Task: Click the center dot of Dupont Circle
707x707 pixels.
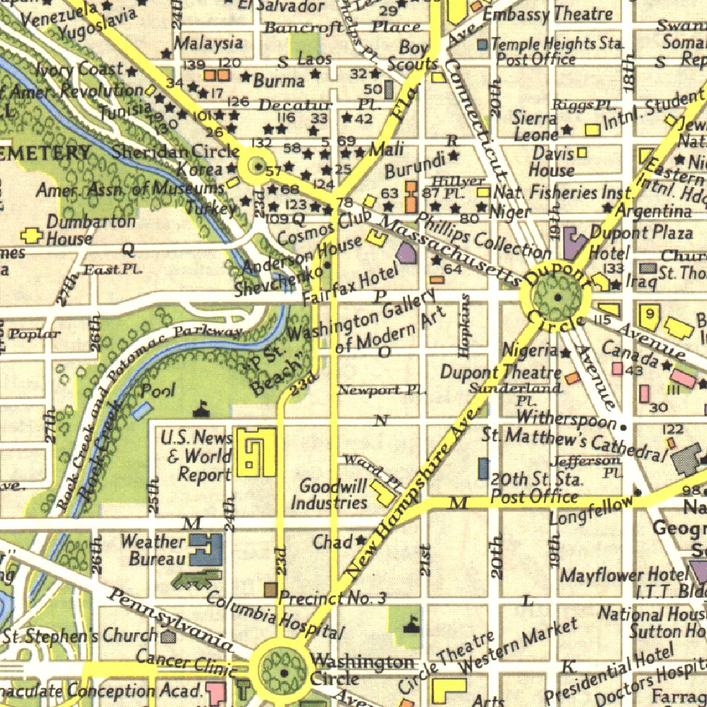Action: pyautogui.click(x=557, y=298)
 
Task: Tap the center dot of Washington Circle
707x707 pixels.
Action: pyautogui.click(x=284, y=671)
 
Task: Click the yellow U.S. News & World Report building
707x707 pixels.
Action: pyautogui.click(x=255, y=452)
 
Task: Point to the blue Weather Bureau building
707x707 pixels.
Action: pyautogui.click(x=206, y=550)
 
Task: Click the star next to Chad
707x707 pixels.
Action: pyautogui.click(x=360, y=541)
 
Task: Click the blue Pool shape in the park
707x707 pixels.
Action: pyautogui.click(x=142, y=410)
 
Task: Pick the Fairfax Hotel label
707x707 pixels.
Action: pyautogui.click(x=351, y=284)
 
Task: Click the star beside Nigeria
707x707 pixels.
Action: pyautogui.click(x=566, y=353)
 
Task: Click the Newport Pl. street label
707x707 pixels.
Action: pyautogui.click(x=381, y=390)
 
